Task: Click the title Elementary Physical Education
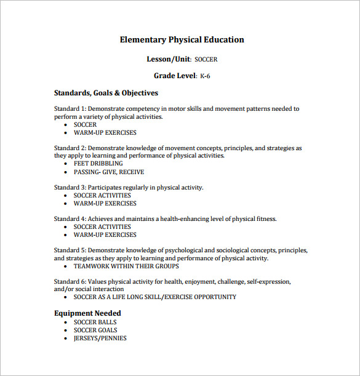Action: click(x=182, y=40)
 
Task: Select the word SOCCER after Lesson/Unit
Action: click(x=206, y=60)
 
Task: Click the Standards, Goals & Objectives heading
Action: click(x=106, y=93)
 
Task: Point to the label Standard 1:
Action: click(x=70, y=109)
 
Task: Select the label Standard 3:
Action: click(x=70, y=188)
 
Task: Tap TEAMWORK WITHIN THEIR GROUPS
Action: click(x=126, y=266)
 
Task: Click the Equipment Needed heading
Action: click(x=87, y=313)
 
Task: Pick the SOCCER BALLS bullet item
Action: click(x=95, y=322)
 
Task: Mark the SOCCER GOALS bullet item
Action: click(x=96, y=330)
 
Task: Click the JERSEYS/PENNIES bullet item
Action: click(x=100, y=338)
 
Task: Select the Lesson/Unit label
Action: click(x=169, y=60)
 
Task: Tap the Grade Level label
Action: click(x=175, y=76)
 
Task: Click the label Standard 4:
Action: click(x=70, y=219)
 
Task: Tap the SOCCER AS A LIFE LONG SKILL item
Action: click(x=154, y=297)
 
